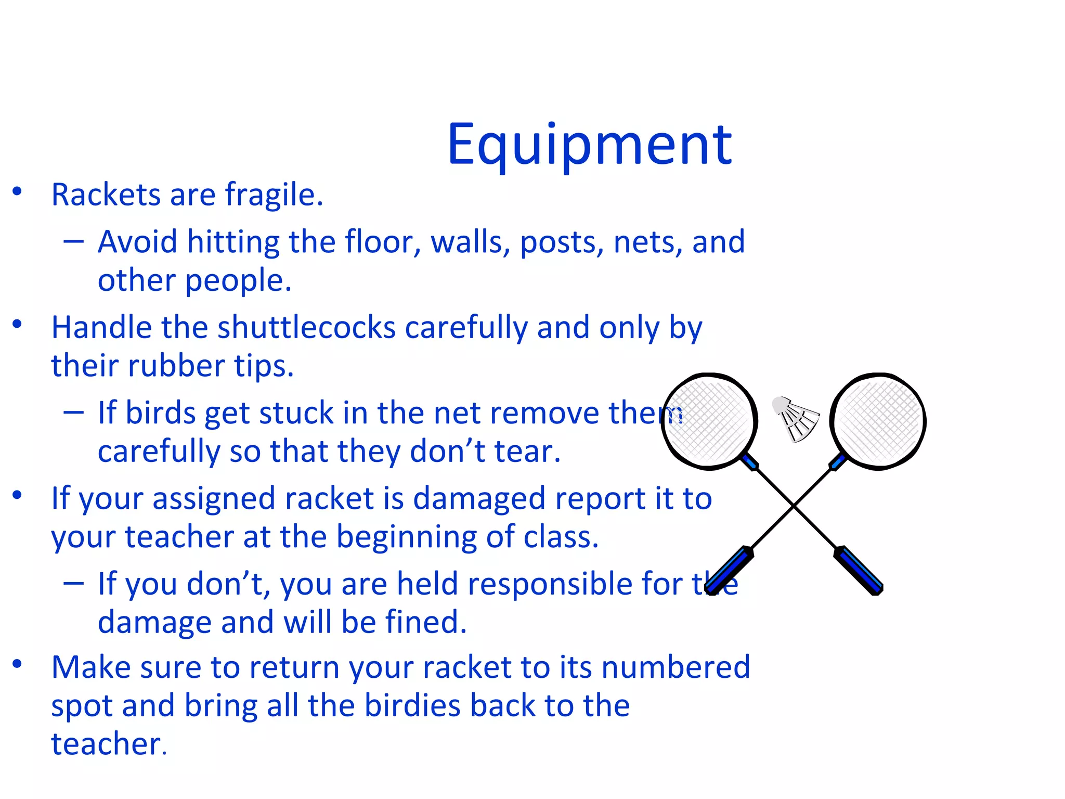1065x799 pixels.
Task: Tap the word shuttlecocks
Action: point(306,328)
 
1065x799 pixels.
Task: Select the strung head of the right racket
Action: point(878,420)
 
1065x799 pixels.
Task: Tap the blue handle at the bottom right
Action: point(859,570)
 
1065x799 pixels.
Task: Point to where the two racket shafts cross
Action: point(794,505)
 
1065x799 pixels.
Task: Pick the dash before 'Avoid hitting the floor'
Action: point(73,241)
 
